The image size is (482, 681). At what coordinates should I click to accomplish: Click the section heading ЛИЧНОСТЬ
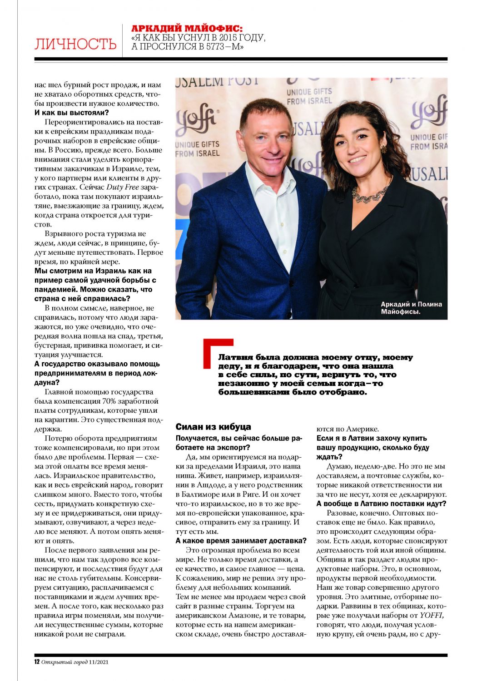[x=75, y=44]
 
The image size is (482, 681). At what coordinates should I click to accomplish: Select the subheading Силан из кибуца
[x=213, y=427]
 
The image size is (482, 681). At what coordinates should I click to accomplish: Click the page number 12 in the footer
[x=37, y=661]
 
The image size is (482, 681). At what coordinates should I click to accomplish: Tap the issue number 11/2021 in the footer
[x=99, y=661]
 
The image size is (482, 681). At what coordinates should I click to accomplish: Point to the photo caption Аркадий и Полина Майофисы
[x=411, y=308]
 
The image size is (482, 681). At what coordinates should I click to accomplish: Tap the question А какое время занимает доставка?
[x=241, y=541]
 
